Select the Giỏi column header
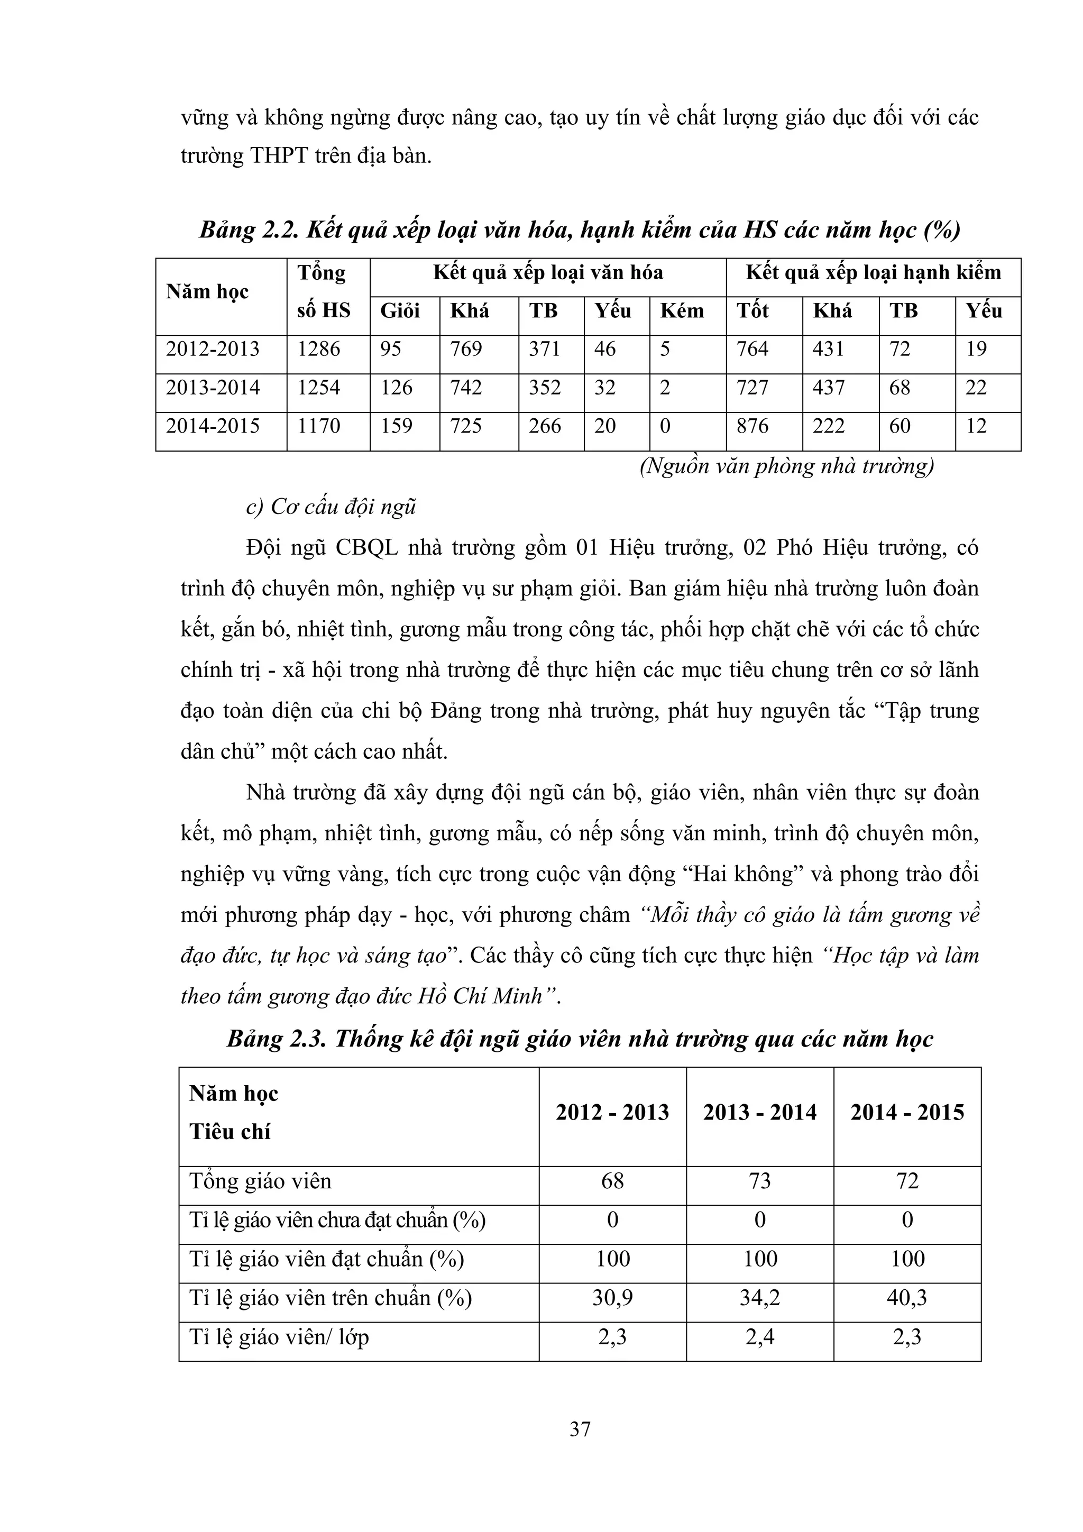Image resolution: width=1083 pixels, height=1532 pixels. click(x=400, y=311)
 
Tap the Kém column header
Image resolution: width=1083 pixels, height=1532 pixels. click(x=682, y=311)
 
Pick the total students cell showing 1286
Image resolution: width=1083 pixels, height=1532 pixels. click(x=318, y=349)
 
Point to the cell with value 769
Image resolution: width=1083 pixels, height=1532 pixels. click(x=466, y=349)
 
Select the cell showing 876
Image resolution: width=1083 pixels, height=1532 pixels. click(x=754, y=426)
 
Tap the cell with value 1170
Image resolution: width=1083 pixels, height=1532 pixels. click(x=318, y=426)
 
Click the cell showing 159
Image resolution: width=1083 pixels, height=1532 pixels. click(x=397, y=426)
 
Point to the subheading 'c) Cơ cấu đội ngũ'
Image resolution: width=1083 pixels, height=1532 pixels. click(x=331, y=507)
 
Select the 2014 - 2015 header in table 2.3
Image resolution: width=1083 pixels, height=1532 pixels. click(x=907, y=1112)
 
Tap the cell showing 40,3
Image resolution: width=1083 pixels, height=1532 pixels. click(x=907, y=1298)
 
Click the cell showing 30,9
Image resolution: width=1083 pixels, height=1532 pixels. click(x=612, y=1298)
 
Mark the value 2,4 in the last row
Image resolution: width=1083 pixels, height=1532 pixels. click(x=759, y=1337)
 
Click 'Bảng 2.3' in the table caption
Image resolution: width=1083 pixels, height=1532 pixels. click(x=276, y=1039)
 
